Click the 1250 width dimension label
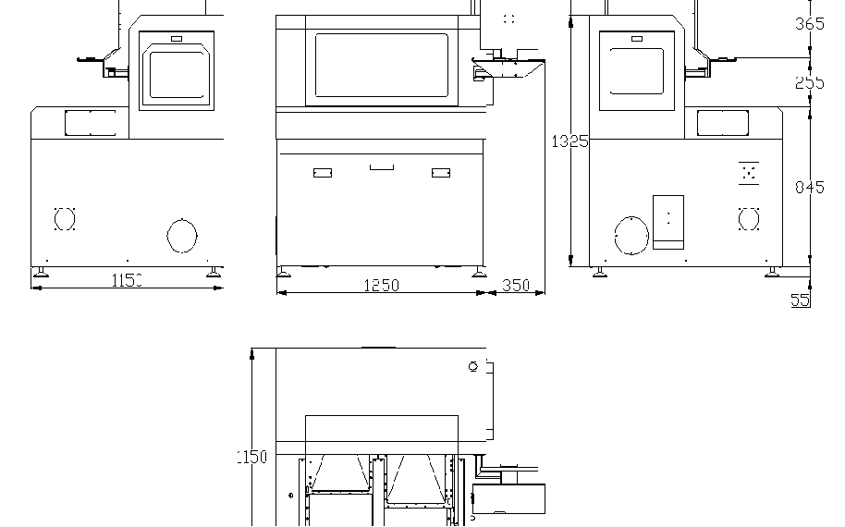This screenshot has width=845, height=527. [380, 286]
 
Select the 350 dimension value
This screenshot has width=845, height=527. [516, 286]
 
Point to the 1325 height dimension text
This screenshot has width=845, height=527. [569, 141]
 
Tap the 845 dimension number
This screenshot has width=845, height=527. [809, 188]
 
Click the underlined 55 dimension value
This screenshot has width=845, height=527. [800, 300]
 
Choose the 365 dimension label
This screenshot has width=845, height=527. [809, 24]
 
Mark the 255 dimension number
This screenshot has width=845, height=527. [809, 82]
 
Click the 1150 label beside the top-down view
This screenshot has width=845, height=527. [251, 457]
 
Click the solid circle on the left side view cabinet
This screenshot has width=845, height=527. [182, 236]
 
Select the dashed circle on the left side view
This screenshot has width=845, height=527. [64, 219]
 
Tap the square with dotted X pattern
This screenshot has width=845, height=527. [749, 172]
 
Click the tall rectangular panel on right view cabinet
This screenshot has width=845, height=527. [667, 222]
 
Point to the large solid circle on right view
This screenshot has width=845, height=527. [631, 236]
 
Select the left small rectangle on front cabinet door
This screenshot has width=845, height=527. [323, 173]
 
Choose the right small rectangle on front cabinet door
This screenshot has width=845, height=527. [441, 173]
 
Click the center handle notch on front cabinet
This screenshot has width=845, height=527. [381, 167]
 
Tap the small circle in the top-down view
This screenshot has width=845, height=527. [473, 367]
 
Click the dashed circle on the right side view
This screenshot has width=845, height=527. [749, 219]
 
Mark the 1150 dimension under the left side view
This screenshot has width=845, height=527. [127, 280]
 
